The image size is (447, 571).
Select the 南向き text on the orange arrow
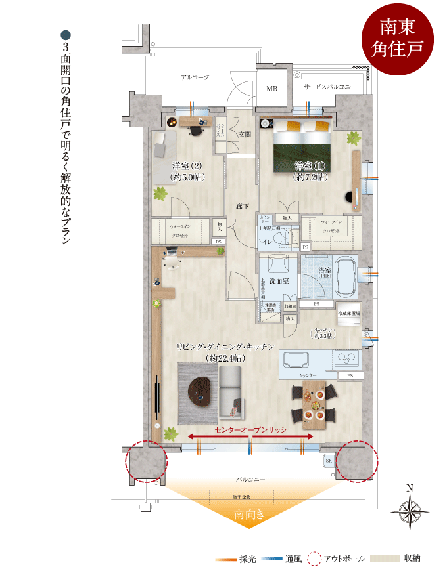click(x=249, y=515)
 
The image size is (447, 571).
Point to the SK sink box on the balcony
click(x=328, y=461)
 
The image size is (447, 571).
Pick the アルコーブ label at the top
click(x=195, y=77)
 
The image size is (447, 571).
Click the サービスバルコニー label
click(x=329, y=87)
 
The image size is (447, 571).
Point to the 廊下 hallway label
click(x=242, y=207)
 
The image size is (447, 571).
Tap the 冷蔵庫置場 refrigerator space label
click(x=348, y=313)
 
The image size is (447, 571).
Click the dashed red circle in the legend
click(x=315, y=559)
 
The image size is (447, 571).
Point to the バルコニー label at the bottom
click(x=250, y=480)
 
